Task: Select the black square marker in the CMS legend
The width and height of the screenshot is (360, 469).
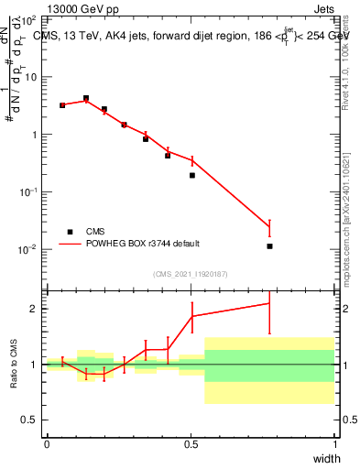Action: (69, 232)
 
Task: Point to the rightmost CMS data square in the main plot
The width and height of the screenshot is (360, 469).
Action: (269, 246)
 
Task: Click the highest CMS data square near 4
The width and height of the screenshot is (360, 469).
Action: (86, 98)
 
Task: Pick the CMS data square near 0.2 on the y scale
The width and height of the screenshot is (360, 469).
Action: (192, 175)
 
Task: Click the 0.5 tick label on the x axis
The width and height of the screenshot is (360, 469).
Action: (191, 444)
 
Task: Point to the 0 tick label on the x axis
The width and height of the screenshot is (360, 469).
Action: (47, 444)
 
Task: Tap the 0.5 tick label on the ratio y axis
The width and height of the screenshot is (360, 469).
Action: (33, 420)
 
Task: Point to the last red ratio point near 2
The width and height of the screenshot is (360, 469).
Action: (269, 303)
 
